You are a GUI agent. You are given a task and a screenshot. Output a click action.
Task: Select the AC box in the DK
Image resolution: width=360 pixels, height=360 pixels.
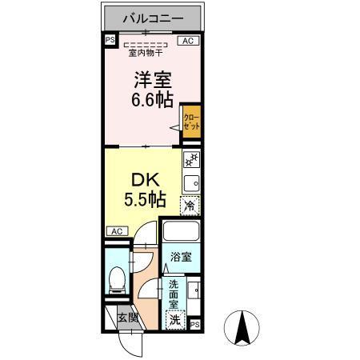pyautogui.click(x=116, y=231)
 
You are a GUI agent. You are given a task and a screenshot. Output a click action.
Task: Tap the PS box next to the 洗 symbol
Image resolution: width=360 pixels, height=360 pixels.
pyautogui.click(x=195, y=323)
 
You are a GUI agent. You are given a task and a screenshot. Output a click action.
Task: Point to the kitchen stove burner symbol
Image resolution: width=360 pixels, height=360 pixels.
pyautogui.click(x=191, y=161)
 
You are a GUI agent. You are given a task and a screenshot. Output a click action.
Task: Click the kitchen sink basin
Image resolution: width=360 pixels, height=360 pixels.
pyautogui.click(x=191, y=182)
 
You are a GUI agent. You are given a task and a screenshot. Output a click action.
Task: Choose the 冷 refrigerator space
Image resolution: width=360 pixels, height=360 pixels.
pyautogui.click(x=190, y=206)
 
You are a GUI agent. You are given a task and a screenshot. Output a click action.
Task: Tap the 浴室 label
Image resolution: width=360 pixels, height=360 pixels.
pyautogui.click(x=181, y=258)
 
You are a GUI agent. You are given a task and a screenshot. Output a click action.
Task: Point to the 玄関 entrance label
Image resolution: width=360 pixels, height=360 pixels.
pyautogui.click(x=127, y=317)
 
